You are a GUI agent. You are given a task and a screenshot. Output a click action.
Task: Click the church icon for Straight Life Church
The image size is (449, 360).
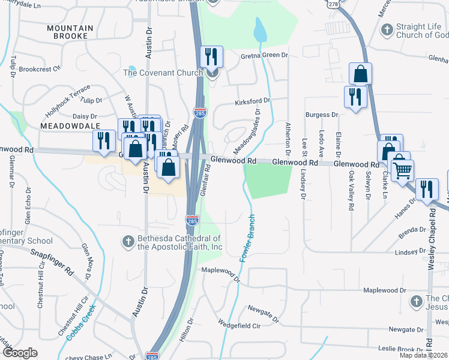[387, 29]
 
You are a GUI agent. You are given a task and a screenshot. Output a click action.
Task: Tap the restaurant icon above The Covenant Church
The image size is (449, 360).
[211, 57]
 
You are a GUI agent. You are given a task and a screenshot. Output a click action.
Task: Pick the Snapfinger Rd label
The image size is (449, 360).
[53, 261]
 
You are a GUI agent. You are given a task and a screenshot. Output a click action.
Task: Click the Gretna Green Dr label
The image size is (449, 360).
[265, 55]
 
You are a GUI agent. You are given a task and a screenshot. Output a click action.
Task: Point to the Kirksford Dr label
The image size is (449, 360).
[253, 101]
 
